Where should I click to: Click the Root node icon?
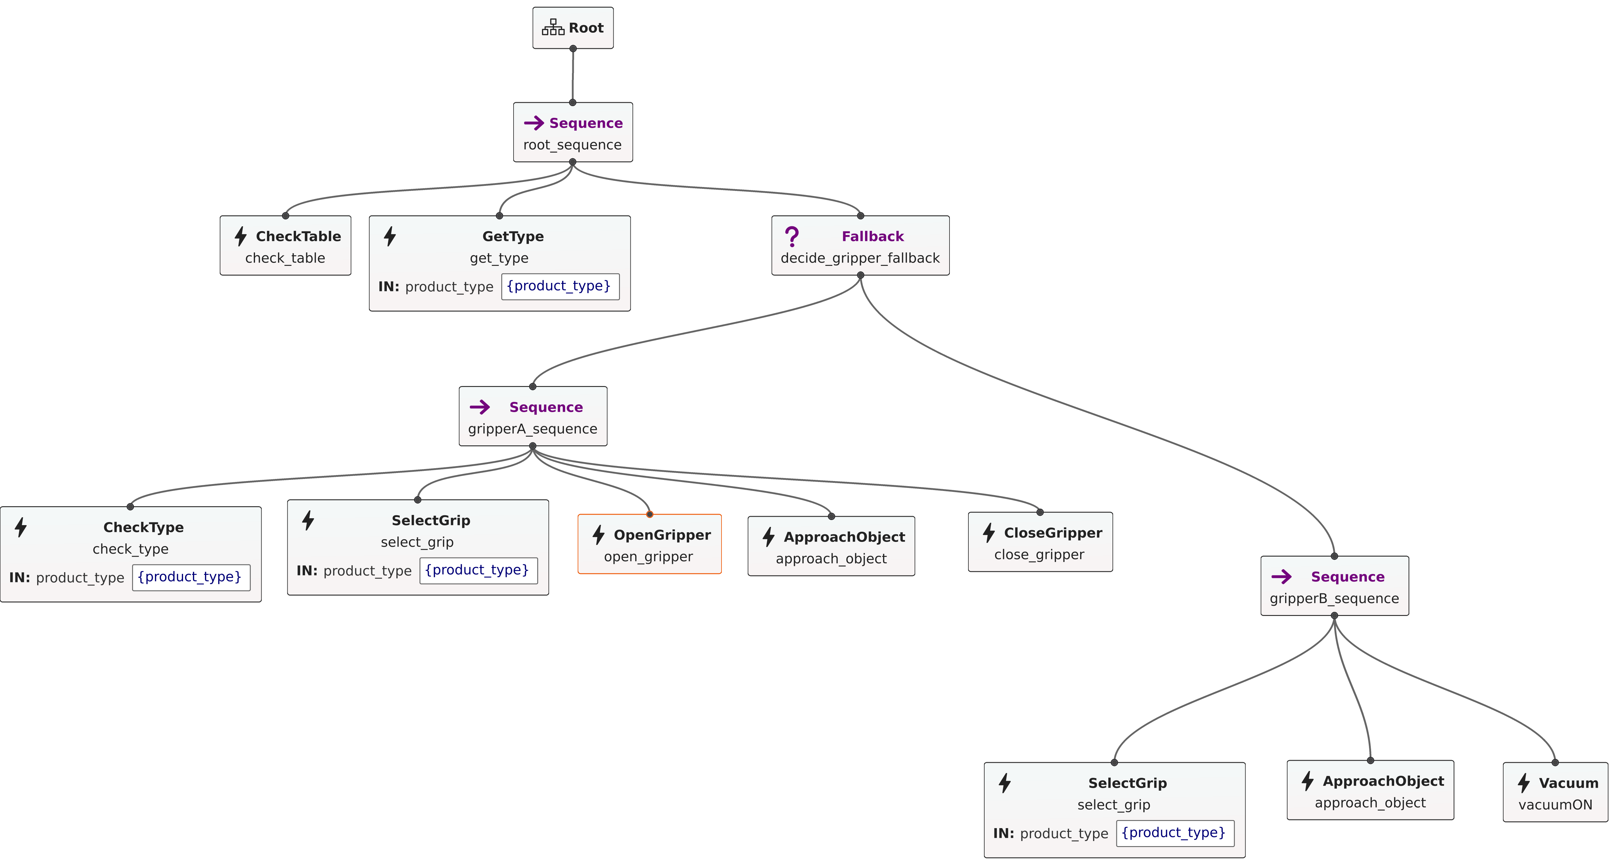553,28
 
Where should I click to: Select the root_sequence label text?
572,145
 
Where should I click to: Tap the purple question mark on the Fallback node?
791,236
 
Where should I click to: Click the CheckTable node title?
298,236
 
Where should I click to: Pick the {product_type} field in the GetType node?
560,286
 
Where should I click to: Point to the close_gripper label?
1039,555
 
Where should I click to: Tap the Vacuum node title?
1568,783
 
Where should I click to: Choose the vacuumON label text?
1555,805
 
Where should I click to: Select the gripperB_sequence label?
1334,599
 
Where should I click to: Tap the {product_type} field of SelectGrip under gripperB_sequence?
1174,833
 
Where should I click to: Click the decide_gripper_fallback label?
860,258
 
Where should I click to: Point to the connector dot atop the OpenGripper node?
650,514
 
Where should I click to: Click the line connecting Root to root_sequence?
573,75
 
